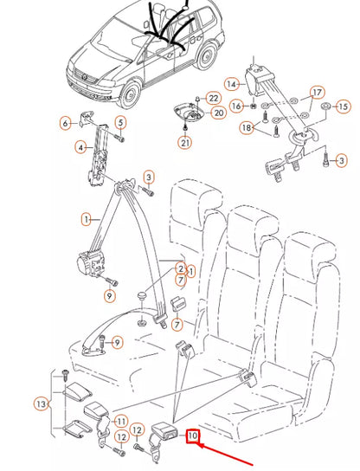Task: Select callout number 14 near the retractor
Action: click(x=231, y=84)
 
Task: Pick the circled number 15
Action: click(x=344, y=106)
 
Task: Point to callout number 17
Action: click(x=317, y=92)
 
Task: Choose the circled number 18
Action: click(x=246, y=127)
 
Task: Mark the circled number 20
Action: click(x=218, y=112)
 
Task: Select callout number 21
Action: click(x=185, y=142)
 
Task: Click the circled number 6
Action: click(x=65, y=123)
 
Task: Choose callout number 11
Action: click(x=121, y=420)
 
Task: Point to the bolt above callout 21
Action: click(x=184, y=124)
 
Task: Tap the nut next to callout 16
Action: click(x=252, y=106)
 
